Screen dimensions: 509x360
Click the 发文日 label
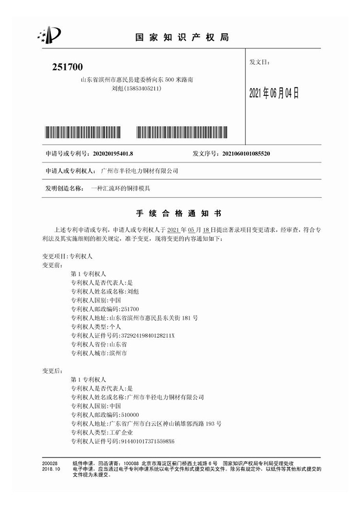point(260,62)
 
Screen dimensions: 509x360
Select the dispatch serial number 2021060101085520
point(245,154)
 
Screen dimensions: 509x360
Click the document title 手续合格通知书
point(180,212)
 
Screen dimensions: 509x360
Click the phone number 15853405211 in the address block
point(142,89)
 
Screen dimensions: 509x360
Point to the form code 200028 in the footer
point(49,463)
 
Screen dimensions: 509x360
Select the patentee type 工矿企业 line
point(101,432)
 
